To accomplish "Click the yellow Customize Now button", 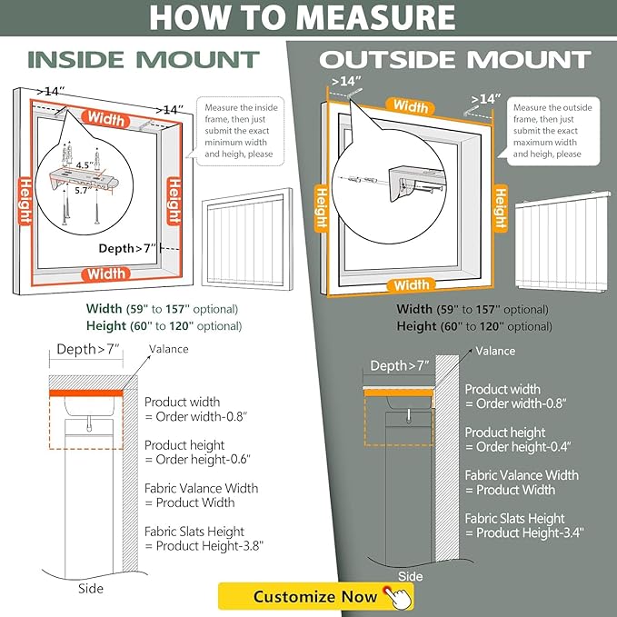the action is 315,596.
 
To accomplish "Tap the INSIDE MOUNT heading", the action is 144,60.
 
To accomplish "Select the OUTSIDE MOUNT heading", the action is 455,60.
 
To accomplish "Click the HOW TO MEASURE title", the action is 303,17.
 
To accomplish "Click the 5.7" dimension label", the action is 83,191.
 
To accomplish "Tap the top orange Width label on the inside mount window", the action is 105,117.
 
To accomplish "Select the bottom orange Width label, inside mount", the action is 106,274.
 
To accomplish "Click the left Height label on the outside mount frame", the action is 322,208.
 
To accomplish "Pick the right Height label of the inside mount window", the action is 174,201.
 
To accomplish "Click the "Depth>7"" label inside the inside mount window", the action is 127,248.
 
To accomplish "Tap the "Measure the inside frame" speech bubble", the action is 241,131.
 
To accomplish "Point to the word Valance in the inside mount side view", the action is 168,349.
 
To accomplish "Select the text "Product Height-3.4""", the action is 530,532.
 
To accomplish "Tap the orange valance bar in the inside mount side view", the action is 85,393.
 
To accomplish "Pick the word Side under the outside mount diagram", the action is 410,576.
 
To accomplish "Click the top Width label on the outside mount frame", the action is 411,106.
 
